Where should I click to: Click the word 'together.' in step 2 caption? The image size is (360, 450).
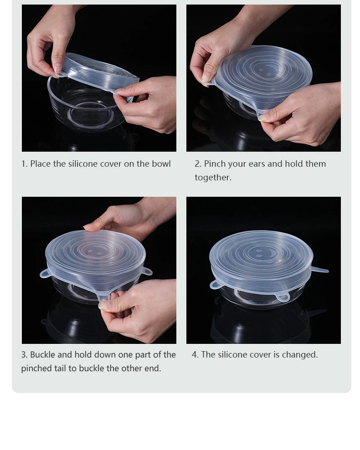pyautogui.click(x=213, y=177)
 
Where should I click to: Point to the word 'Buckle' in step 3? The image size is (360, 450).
pyautogui.click(x=42, y=355)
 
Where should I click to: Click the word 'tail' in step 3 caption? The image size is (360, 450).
pyautogui.click(x=60, y=368)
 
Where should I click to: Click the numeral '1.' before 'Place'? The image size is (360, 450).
pyautogui.click(x=25, y=164)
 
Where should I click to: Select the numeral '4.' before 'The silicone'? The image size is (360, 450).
pyautogui.click(x=195, y=355)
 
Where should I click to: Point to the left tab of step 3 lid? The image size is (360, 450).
pyautogui.click(x=45, y=273)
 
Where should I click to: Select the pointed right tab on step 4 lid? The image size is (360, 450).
pyautogui.click(x=319, y=270)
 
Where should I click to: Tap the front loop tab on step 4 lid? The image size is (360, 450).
pyautogui.click(x=283, y=298)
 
